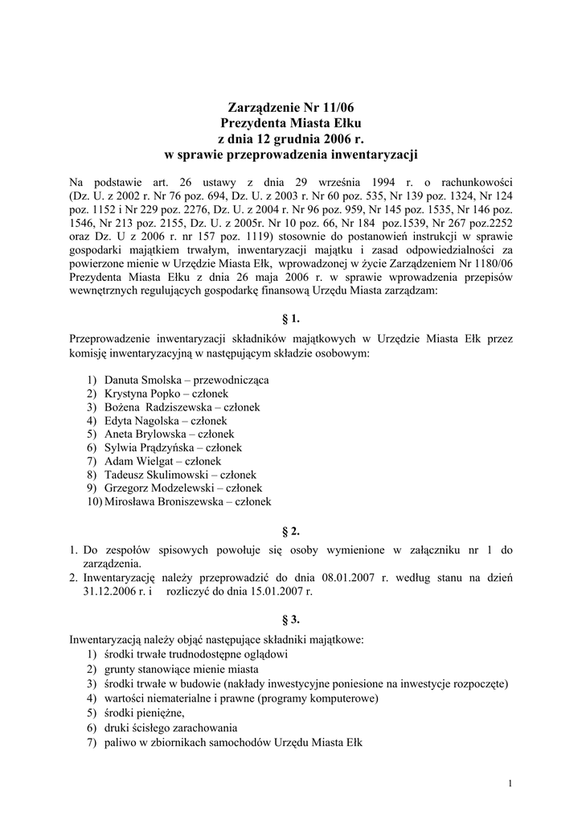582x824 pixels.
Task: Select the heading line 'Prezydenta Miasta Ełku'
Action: (291, 122)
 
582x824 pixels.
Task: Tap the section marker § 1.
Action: (291, 319)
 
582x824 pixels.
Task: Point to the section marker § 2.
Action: (291, 531)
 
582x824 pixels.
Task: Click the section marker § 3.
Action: (291, 620)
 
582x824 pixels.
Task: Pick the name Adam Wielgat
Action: (134, 461)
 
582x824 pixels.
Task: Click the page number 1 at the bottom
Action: (510, 784)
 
